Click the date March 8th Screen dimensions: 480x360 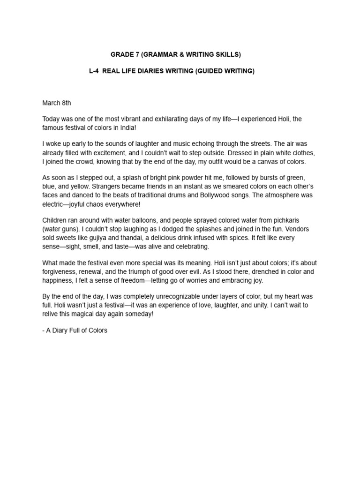coord(57,103)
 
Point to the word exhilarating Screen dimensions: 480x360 coord(170,119)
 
